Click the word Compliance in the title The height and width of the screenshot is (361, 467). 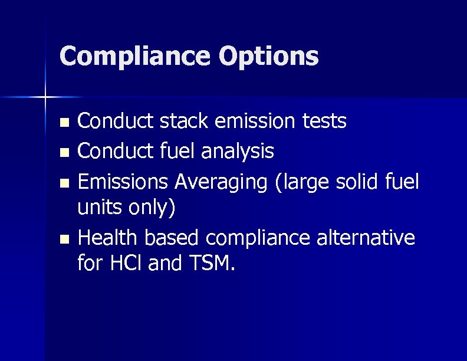coord(135,57)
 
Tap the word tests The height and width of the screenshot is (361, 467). coord(324,121)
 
